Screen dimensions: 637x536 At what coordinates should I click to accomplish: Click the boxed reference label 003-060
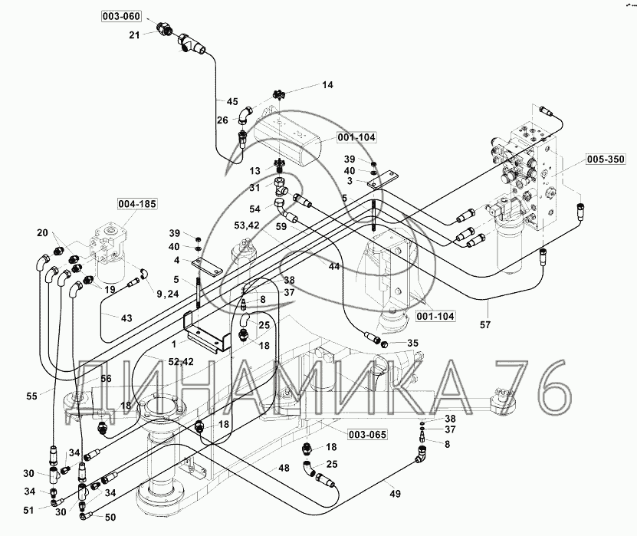[x=121, y=16]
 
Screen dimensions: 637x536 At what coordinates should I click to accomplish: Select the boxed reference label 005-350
[x=606, y=159]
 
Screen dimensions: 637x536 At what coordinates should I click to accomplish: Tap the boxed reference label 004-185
[x=137, y=203]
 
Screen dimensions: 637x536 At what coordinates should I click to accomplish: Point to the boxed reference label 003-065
[x=367, y=435]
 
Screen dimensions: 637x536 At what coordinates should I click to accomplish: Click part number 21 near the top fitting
[x=134, y=35]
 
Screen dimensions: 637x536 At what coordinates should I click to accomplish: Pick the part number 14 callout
[x=327, y=84]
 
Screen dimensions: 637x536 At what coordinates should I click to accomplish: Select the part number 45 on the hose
[x=232, y=101]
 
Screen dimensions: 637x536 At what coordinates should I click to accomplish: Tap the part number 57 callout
[x=485, y=324]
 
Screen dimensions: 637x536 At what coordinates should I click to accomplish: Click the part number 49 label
[x=395, y=494]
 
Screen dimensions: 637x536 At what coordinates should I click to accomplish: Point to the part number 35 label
[x=412, y=343]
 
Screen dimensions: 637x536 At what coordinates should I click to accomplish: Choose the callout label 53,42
[x=247, y=225]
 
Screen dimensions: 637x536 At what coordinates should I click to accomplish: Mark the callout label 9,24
[x=168, y=294]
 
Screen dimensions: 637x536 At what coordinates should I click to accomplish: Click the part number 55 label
[x=31, y=396]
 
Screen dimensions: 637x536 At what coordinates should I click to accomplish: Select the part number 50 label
[x=110, y=518]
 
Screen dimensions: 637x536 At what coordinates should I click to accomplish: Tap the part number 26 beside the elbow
[x=222, y=120]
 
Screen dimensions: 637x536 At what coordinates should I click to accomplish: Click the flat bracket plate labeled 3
[x=383, y=179]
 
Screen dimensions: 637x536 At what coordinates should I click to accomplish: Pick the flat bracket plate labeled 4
[x=207, y=267]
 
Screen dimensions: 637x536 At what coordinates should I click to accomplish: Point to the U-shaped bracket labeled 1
[x=207, y=331]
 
